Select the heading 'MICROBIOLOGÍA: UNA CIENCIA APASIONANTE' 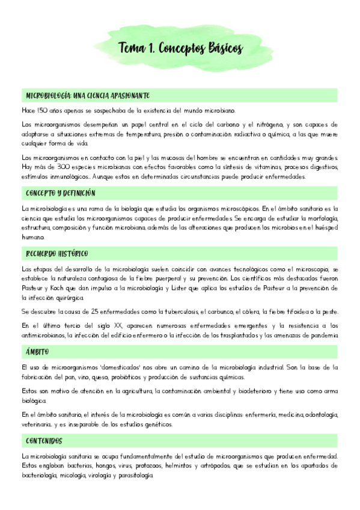(88, 96)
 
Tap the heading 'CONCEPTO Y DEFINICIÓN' (61, 194)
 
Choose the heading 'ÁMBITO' (37, 352)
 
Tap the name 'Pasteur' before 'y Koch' (33, 289)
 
